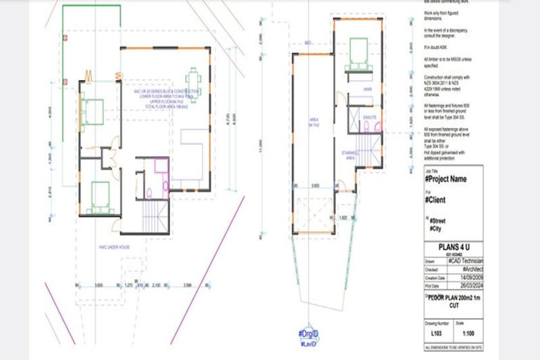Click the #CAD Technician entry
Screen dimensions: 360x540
pyautogui.click(x=468, y=260)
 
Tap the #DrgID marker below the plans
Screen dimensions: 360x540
pyautogui.click(x=309, y=334)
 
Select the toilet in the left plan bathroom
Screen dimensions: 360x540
pyautogui.click(x=150, y=193)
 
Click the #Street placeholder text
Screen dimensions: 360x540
pyautogui.click(x=438, y=221)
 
